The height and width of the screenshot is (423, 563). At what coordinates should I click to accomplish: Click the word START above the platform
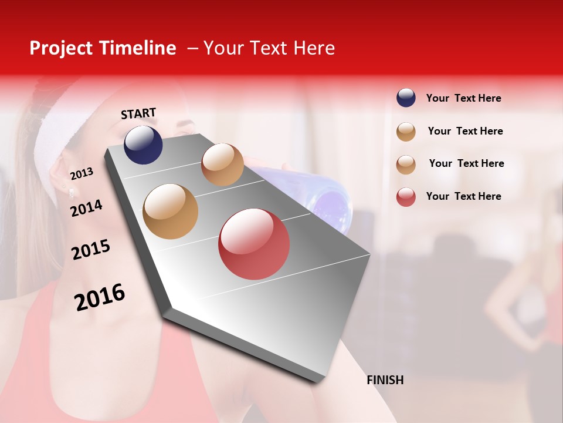(138, 113)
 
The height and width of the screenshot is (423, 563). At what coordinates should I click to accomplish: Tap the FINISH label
(385, 380)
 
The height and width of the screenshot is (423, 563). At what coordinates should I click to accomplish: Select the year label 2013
(82, 174)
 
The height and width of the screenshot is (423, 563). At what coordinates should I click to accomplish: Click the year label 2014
(86, 208)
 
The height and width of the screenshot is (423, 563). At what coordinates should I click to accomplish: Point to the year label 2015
(91, 250)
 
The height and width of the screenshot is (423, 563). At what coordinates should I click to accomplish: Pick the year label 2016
(100, 297)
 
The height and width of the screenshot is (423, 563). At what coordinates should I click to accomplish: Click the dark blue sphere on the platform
(143, 145)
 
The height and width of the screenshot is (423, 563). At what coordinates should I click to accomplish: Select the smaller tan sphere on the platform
(222, 164)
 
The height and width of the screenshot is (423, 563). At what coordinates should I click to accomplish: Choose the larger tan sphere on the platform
(171, 211)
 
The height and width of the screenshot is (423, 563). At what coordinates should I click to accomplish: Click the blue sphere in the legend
(406, 98)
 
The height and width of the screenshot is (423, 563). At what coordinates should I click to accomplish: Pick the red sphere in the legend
(406, 197)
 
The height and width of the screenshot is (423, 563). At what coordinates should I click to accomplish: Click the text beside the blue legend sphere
(463, 99)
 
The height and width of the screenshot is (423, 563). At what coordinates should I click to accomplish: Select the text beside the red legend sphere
(463, 196)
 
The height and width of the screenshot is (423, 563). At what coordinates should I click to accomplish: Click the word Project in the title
(62, 48)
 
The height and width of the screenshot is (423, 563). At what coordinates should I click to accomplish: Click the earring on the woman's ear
(72, 192)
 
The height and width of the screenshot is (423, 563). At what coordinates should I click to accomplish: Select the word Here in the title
(314, 48)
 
